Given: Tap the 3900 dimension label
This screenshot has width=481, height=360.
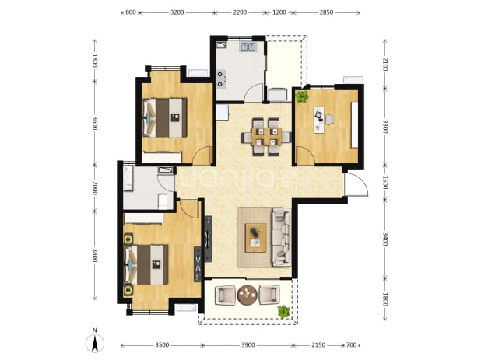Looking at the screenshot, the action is [x=248, y=345].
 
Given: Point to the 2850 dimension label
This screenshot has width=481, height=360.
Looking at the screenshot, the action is [x=326, y=12].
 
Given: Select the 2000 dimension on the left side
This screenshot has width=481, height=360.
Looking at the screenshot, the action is [x=95, y=188].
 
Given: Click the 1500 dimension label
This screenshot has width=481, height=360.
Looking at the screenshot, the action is [x=385, y=182].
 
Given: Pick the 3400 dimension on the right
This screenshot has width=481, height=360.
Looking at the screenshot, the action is [x=385, y=239].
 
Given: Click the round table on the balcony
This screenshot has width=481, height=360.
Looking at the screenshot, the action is [x=248, y=295].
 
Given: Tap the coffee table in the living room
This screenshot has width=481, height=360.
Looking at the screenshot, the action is [x=256, y=238].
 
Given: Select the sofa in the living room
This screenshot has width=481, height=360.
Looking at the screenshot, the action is [x=281, y=237].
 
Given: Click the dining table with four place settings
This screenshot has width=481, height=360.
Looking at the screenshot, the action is [x=266, y=137].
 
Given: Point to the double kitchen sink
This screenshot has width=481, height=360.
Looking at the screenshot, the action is [x=248, y=47].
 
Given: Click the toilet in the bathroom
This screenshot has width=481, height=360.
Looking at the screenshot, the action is [x=163, y=201].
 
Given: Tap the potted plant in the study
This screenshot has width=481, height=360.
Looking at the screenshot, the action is [x=302, y=96].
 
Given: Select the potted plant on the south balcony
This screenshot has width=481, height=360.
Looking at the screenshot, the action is [x=284, y=312].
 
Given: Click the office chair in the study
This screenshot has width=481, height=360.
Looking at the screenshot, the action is [x=329, y=120].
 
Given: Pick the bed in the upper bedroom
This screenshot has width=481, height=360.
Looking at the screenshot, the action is [x=165, y=117].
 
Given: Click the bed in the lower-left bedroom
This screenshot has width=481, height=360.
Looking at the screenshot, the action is [x=146, y=264].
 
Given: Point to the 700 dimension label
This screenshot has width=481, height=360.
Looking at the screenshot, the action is [x=351, y=345].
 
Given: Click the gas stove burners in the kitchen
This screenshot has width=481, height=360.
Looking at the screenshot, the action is [x=221, y=79].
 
